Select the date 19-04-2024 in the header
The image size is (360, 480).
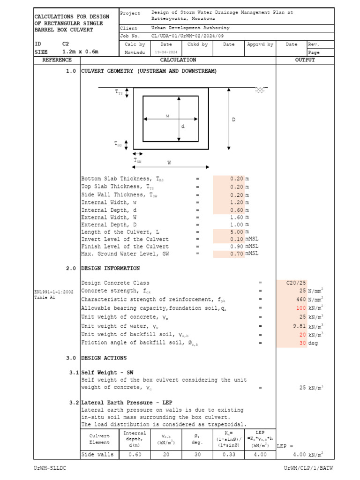click(160, 52)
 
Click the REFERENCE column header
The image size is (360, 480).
click(57, 60)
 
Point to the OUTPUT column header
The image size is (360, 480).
click(305, 60)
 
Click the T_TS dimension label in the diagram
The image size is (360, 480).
click(119, 93)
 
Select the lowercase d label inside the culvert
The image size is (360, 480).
click(183, 127)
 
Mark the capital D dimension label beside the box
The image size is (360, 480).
click(233, 120)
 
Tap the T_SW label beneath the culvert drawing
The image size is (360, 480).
click(138, 161)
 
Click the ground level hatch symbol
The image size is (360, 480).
click(260, 90)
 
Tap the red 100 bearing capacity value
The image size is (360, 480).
click(300, 308)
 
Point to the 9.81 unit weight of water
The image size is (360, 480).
click(299, 326)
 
